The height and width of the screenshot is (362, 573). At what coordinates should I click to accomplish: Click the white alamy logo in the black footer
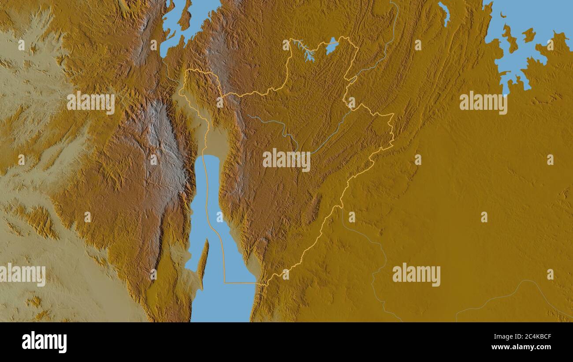click(44, 342)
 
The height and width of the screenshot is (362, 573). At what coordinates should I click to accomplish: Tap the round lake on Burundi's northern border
click(332, 46)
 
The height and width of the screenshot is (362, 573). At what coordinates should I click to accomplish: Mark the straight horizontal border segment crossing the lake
click(240, 283)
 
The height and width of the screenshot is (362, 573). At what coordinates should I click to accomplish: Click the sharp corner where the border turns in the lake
click(225, 282)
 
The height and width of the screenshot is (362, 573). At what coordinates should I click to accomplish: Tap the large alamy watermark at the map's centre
click(286, 160)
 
